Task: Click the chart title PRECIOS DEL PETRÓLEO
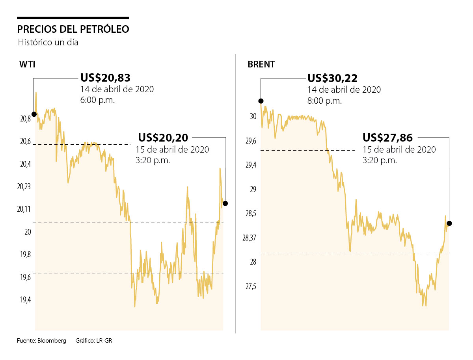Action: click(x=73, y=30)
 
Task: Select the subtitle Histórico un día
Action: click(x=48, y=43)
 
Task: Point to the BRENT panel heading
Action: click(x=261, y=65)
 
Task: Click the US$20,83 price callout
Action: click(x=105, y=78)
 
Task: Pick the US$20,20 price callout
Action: click(x=163, y=138)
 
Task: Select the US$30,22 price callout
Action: click(x=332, y=78)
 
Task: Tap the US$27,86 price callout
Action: click(x=387, y=138)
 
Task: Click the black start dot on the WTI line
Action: click(x=34, y=114)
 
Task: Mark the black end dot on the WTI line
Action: click(x=225, y=203)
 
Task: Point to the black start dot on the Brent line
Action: click(x=261, y=101)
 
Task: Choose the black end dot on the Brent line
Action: click(x=449, y=224)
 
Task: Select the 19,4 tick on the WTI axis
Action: click(x=25, y=300)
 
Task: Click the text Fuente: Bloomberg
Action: click(x=41, y=341)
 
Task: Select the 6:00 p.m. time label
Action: click(x=97, y=100)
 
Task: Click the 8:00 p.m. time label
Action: click(x=324, y=101)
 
